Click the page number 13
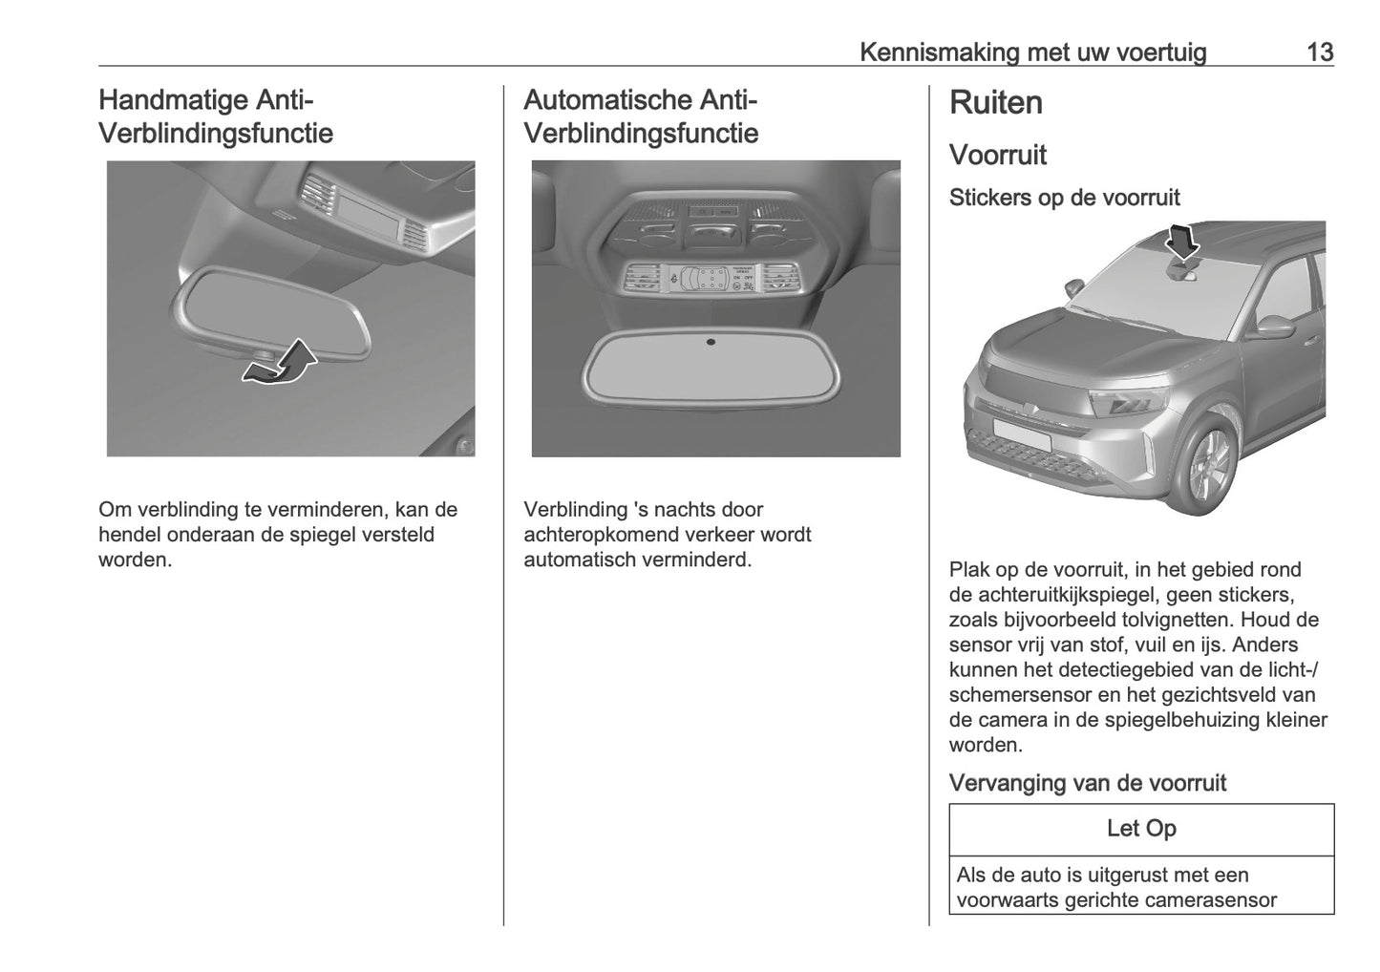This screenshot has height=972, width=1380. point(1319,53)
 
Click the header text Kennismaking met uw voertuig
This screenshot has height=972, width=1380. point(1032,53)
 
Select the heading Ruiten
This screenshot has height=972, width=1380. point(995,103)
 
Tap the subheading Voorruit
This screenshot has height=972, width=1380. point(997,155)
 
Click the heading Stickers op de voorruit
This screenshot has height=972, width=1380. point(1064,198)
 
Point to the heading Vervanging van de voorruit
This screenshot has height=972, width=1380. point(1087,783)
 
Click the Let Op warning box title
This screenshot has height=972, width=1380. point(1141,829)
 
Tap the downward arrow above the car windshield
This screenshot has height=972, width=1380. point(1183,242)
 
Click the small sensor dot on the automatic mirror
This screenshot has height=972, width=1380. point(711,342)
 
